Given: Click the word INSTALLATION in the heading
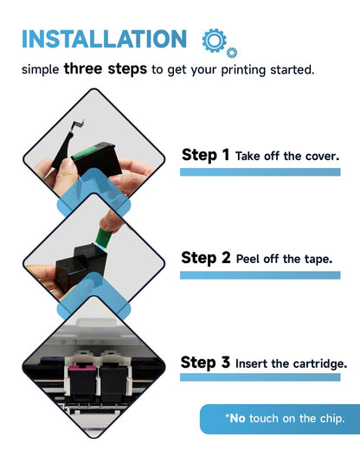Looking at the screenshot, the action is click(105, 39).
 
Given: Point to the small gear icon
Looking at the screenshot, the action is click(232, 53).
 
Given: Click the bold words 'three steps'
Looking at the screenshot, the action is click(106, 69).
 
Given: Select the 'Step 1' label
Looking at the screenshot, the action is click(205, 155).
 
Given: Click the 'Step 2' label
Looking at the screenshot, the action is click(206, 258).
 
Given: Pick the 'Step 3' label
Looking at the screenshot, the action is click(205, 363).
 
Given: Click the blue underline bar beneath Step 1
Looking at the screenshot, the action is click(260, 172).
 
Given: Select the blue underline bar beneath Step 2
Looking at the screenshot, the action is click(260, 275).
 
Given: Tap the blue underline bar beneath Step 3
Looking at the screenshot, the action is click(260, 377).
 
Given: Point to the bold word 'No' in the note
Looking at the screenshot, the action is click(237, 418).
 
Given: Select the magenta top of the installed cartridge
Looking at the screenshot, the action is click(82, 368).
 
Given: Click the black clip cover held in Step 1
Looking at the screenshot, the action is click(67, 145).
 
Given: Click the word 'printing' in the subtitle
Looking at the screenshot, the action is click(243, 70).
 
